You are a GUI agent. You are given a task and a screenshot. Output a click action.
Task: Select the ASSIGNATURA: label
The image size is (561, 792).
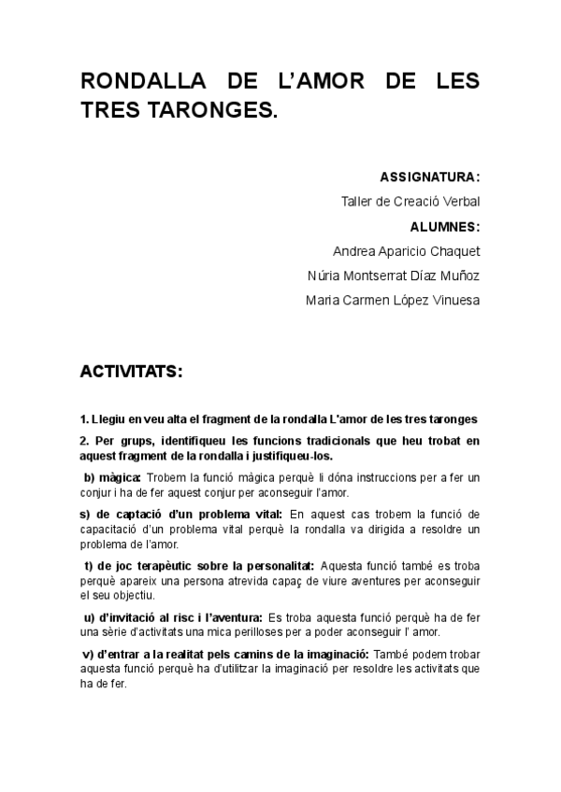[x=430, y=177]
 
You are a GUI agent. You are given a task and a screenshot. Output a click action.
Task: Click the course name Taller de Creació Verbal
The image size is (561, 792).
[x=410, y=201]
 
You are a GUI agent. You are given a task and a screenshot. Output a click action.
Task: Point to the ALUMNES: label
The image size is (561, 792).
[x=444, y=226]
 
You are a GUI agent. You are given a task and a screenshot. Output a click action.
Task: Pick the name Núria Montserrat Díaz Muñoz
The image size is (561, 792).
[x=393, y=276]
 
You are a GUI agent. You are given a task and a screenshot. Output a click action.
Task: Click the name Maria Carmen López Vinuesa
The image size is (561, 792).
[x=393, y=301]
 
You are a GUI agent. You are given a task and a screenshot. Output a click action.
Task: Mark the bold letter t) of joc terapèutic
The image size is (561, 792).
[x=87, y=565]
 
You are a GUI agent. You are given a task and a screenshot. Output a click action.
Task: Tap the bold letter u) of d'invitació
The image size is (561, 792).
[x=88, y=617]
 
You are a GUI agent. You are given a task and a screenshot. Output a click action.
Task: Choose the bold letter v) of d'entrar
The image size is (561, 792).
[x=87, y=654]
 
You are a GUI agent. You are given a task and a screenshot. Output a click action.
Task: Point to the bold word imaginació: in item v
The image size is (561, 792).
[x=338, y=654]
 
